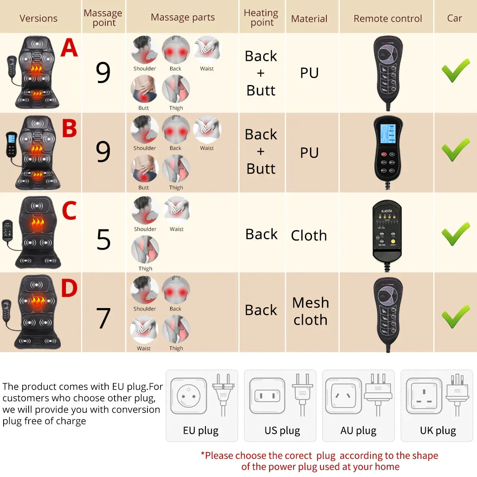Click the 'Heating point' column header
click(x=261, y=18)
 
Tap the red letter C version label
click(x=69, y=210)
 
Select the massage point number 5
click(x=103, y=239)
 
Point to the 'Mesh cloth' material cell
click(x=310, y=311)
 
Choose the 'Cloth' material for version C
click(x=309, y=235)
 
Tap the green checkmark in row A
click(x=456, y=70)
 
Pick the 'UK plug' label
click(x=438, y=430)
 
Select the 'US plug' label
click(x=282, y=430)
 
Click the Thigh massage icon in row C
click(x=145, y=249)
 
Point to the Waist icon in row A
click(x=207, y=49)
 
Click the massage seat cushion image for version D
click(x=38, y=312)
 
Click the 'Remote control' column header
click(x=388, y=18)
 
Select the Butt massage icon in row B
click(x=144, y=169)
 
